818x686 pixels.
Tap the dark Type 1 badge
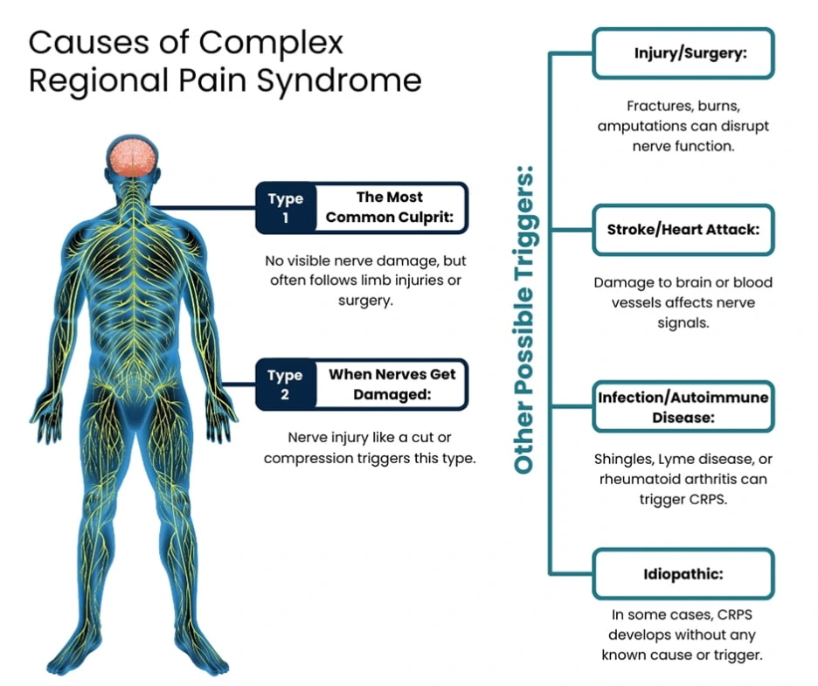click(x=283, y=208)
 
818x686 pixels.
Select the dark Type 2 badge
click(x=283, y=385)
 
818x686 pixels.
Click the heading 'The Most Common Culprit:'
click(x=389, y=208)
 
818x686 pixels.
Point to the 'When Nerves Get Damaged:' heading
click(x=392, y=385)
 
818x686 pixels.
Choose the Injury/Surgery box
click(x=683, y=53)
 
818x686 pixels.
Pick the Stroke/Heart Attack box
click(x=683, y=230)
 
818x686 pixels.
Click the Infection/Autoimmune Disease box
click(x=683, y=407)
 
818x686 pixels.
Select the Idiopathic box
click(x=683, y=574)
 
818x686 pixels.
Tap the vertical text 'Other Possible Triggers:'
click(x=524, y=318)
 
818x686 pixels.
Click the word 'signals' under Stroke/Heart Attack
click(x=683, y=322)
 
